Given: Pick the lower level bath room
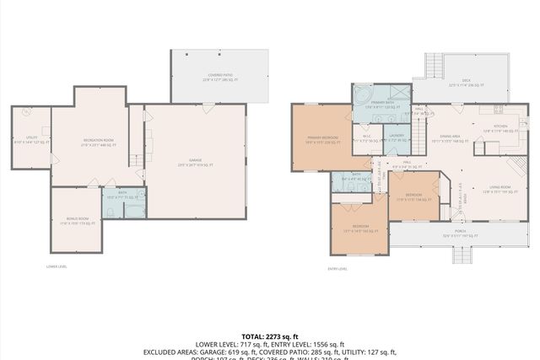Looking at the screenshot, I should (123, 197).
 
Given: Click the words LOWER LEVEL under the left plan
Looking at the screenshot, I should (57, 266).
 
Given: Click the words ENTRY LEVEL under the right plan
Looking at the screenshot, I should (337, 269).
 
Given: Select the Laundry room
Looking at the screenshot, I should (397, 137).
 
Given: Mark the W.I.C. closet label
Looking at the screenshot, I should (367, 138).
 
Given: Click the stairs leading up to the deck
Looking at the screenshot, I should (433, 67).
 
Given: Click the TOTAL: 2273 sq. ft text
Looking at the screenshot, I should (269, 336).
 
